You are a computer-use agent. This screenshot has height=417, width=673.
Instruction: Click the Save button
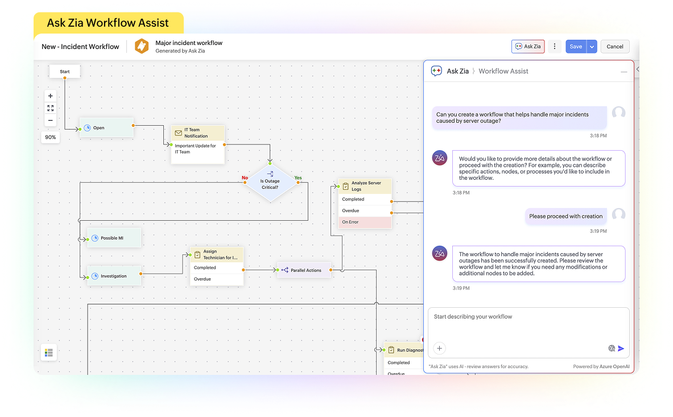[x=576, y=47]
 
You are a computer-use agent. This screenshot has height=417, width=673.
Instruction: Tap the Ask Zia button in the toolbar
[x=528, y=47]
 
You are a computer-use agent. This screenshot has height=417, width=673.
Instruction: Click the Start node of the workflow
[x=65, y=72]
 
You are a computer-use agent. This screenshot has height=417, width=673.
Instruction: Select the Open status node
[x=106, y=128]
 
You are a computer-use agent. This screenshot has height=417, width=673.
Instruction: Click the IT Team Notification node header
[x=198, y=133]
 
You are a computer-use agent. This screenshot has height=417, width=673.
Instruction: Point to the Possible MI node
[x=114, y=238]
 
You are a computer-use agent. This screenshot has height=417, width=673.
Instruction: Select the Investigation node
[x=114, y=276]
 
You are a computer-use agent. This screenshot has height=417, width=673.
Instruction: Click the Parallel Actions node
[x=304, y=270]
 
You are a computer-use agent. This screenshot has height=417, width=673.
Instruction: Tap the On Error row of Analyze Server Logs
[x=365, y=222]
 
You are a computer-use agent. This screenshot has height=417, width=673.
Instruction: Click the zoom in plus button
[x=51, y=96]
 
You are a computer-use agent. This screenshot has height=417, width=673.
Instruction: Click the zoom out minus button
[x=51, y=120]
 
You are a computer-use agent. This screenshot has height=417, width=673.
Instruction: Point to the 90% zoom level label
[x=51, y=137]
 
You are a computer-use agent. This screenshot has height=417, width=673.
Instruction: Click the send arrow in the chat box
[x=621, y=349]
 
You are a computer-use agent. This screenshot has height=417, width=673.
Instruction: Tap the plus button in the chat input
[x=439, y=348]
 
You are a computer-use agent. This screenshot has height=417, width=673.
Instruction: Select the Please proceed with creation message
[x=565, y=216]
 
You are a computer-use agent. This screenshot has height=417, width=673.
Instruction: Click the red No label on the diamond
[x=245, y=178]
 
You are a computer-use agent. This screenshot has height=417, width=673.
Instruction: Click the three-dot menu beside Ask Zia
[x=555, y=47]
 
